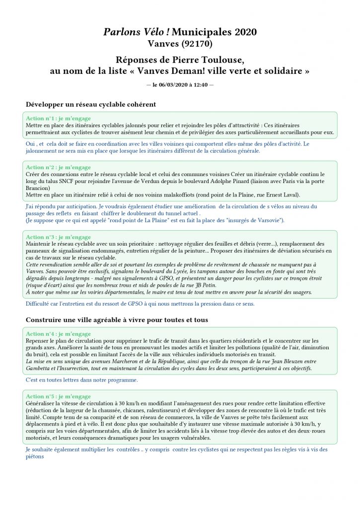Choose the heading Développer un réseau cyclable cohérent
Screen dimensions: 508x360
tap(91, 105)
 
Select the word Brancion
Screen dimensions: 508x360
tap(39, 188)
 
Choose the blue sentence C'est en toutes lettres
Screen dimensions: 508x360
tap(81, 380)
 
